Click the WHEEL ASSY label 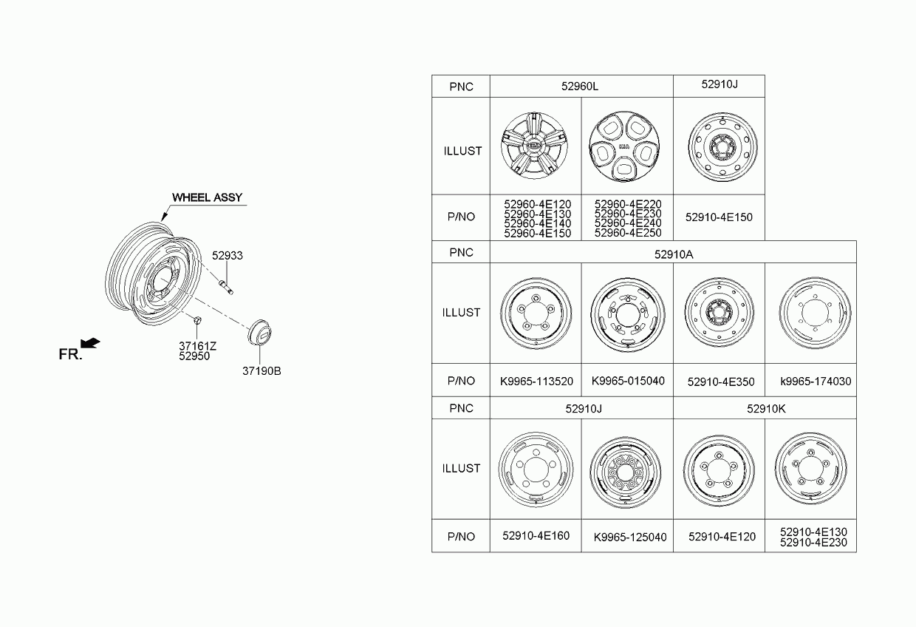208,197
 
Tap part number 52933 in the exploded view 227,255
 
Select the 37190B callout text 262,370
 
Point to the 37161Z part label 197,346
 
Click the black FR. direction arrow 90,343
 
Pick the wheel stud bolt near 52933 226,286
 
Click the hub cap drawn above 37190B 259,332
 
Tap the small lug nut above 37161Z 196,320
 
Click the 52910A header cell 673,252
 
